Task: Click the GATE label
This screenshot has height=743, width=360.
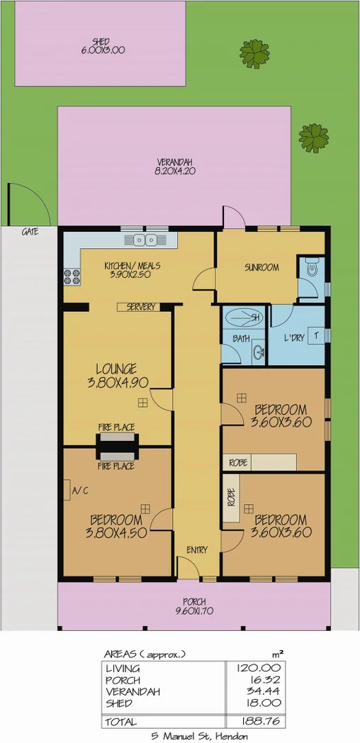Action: (x=30, y=232)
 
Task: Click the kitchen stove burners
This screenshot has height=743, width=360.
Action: (x=72, y=274)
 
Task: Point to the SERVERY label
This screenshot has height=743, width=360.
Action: (x=140, y=307)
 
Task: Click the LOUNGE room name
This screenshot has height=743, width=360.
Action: (x=117, y=368)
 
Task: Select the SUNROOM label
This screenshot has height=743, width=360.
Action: (x=261, y=267)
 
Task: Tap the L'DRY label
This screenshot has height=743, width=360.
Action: (x=293, y=338)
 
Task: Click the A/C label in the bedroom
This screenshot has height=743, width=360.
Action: (x=80, y=490)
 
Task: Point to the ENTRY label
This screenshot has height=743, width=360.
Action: (x=196, y=549)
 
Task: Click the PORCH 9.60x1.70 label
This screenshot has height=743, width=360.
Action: (x=194, y=606)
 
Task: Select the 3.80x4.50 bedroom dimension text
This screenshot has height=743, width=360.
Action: (x=117, y=533)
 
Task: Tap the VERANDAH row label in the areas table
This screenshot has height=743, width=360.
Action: (x=133, y=691)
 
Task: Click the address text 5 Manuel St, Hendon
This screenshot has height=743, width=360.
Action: (x=199, y=736)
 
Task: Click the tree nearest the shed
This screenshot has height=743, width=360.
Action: (x=254, y=52)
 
